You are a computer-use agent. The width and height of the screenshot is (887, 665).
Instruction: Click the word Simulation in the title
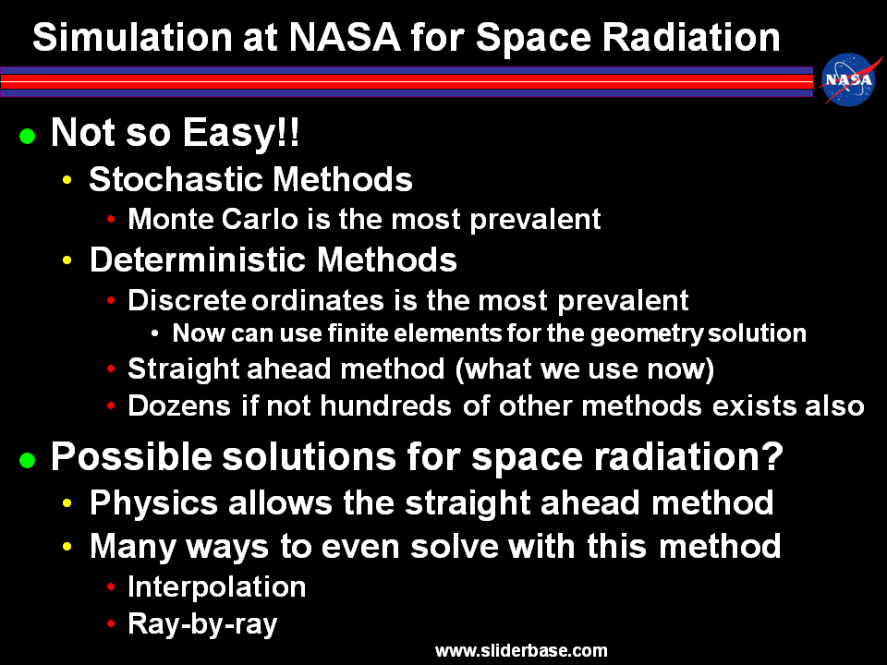point(132,37)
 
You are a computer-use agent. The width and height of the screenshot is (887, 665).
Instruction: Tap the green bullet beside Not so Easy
point(27,137)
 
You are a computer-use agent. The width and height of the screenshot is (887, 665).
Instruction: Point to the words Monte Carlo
point(213,219)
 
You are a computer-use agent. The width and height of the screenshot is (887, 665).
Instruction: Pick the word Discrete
point(187,299)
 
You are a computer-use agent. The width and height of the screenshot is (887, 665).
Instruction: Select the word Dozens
point(179,405)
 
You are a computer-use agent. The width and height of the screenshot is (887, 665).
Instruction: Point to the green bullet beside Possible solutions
point(27,460)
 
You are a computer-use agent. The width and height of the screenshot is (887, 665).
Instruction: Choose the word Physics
point(153,503)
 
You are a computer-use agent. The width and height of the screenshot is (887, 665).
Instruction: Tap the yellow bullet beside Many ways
point(67,546)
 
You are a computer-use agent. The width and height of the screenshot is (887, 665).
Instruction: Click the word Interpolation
point(216,586)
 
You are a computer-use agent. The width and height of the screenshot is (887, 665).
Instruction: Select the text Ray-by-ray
point(202,624)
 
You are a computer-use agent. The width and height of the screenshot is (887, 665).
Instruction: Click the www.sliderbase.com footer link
point(521,650)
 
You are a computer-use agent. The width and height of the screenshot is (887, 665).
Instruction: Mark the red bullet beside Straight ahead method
point(111,369)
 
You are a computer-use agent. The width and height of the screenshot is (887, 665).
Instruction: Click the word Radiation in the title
point(691,37)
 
